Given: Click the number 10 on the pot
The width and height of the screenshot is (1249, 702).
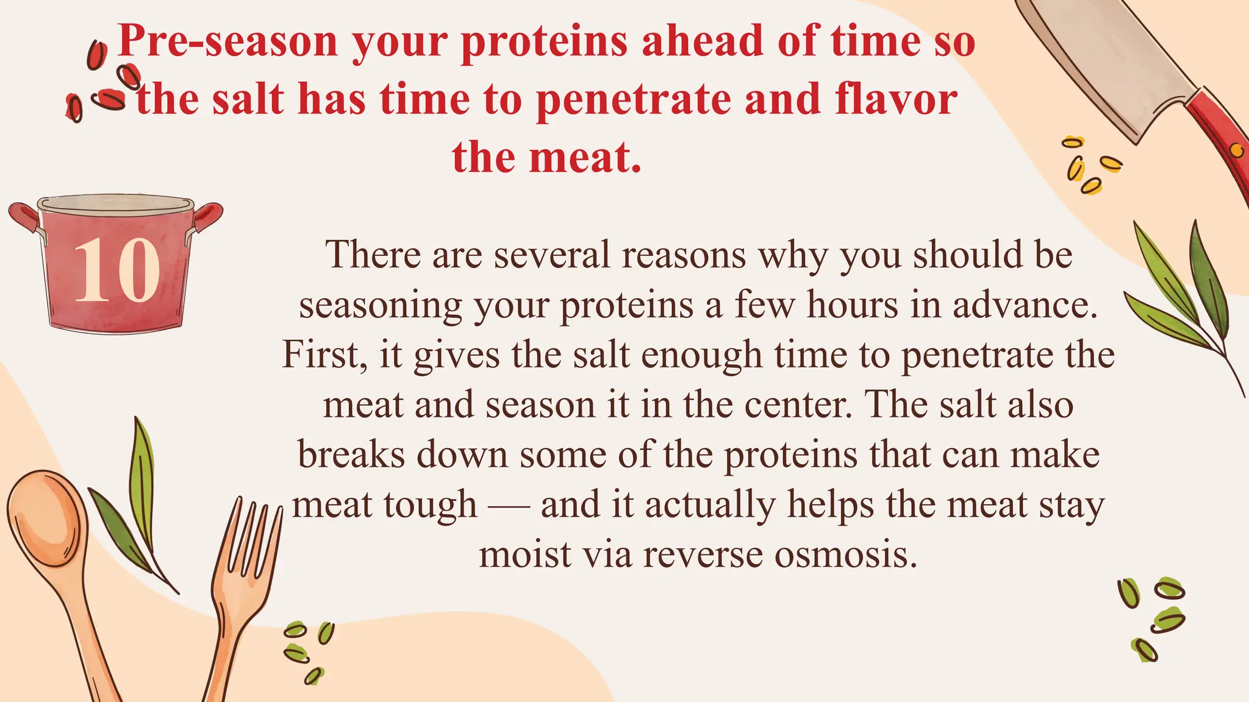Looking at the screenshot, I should (116, 270).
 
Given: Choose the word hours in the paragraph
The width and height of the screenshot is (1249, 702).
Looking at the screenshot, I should (853, 305).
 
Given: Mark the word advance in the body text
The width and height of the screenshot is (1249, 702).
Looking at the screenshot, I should (1025, 305).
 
